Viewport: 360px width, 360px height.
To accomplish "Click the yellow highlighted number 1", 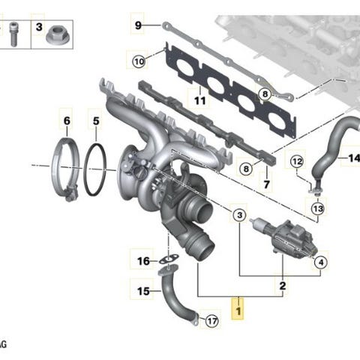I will tap(239, 308).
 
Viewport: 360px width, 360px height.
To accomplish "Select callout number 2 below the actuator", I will tap(282, 286).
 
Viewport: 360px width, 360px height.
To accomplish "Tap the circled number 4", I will tap(320, 262).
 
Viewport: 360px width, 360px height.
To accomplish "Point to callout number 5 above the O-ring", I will tap(94, 120).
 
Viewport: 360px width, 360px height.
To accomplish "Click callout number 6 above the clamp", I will tap(66, 120).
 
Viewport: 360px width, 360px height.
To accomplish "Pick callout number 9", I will tap(138, 25).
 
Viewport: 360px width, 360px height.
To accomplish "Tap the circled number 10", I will tap(139, 61).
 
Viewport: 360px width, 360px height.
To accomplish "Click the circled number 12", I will tap(296, 161).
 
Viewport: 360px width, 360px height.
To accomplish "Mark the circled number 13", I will tap(317, 208).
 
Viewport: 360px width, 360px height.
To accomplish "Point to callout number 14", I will tap(352, 158).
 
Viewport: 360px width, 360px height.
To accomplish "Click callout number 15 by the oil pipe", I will tap(143, 290).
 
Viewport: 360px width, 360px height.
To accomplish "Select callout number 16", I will tap(143, 261).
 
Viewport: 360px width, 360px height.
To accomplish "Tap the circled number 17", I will tap(211, 322).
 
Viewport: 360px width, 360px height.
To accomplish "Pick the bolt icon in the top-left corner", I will tap(13, 30).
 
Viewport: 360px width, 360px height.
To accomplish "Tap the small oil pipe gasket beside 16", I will tap(169, 259).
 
